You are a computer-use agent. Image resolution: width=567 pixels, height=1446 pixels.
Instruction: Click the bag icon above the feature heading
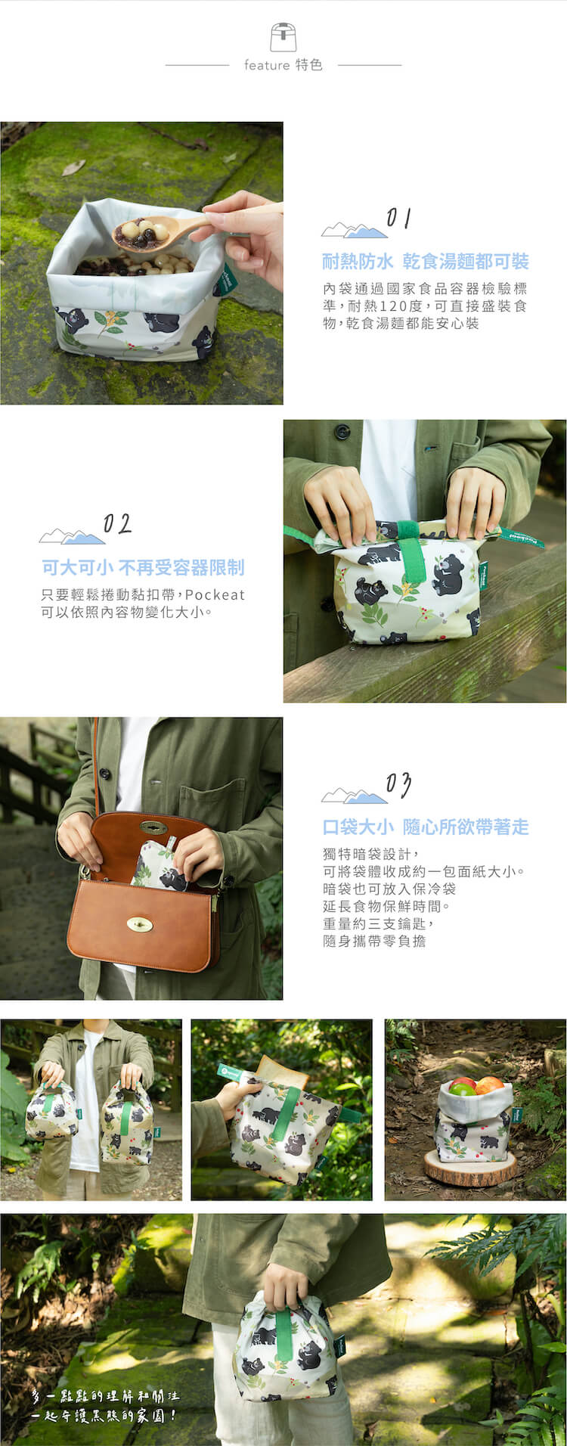pyautogui.click(x=283, y=37)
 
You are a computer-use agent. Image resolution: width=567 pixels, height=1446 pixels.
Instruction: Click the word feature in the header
pyautogui.click(x=266, y=66)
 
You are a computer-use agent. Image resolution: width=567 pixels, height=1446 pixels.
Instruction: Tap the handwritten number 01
pyautogui.click(x=398, y=219)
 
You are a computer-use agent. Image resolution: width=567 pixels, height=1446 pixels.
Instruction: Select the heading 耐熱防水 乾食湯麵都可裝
pyautogui.click(x=425, y=262)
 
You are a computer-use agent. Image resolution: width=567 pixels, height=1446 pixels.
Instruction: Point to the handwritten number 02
pyautogui.click(x=117, y=524)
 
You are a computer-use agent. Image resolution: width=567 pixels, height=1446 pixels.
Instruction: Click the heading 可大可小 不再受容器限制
pyautogui.click(x=143, y=567)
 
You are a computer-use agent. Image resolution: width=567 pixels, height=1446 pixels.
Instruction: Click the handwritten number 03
pyautogui.click(x=398, y=785)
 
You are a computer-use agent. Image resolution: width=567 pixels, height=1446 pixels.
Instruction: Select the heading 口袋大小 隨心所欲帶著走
pyautogui.click(x=425, y=827)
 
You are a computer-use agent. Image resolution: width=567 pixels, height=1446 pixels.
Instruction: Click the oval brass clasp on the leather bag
pyautogui.click(x=139, y=924)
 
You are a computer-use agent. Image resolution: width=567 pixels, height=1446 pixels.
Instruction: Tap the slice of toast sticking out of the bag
pyautogui.click(x=281, y=1072)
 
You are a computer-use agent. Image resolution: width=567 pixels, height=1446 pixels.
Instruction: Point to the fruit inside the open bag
pyautogui.click(x=476, y=1087)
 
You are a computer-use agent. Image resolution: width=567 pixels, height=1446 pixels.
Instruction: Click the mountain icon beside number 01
pyautogui.click(x=354, y=230)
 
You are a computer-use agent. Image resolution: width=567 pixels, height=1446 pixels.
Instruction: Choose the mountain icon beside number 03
pyautogui.click(x=354, y=796)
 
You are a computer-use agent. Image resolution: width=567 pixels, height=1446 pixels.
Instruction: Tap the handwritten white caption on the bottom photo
pyautogui.click(x=105, y=1405)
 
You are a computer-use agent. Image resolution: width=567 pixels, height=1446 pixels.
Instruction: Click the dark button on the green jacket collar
pyautogui.click(x=342, y=432)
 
